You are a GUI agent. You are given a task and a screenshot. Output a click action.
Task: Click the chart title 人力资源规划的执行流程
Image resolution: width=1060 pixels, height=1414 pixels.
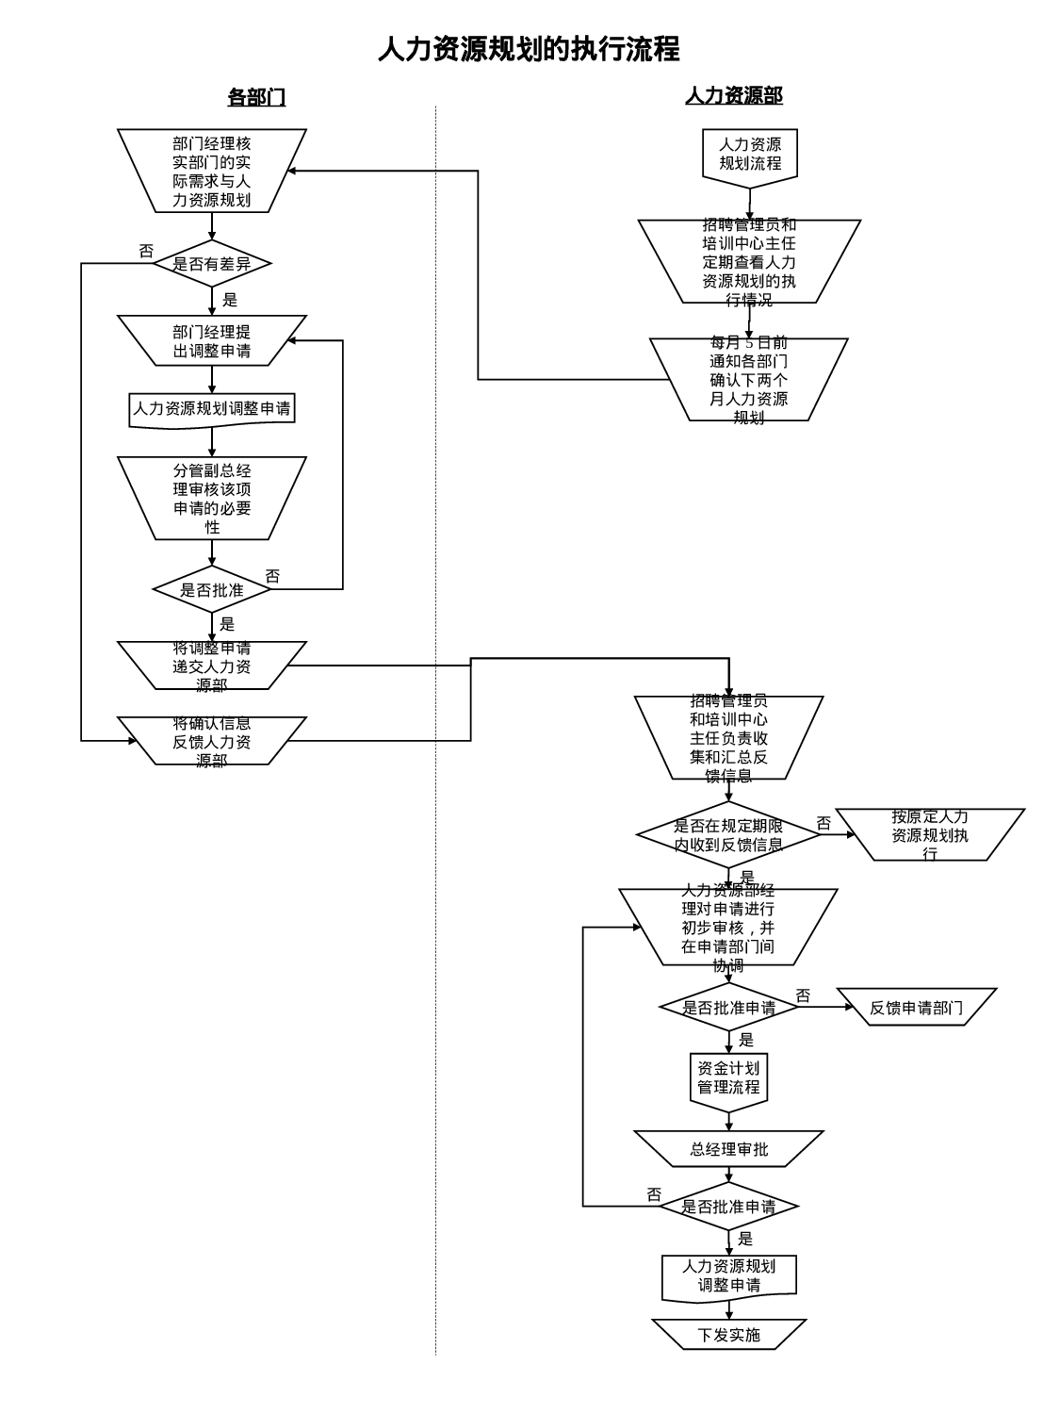[x=529, y=49]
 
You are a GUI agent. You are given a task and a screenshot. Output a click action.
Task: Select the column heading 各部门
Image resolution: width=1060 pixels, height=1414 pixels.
[x=256, y=97]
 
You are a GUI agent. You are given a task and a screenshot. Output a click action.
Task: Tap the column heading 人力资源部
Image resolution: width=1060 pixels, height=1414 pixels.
[x=733, y=95]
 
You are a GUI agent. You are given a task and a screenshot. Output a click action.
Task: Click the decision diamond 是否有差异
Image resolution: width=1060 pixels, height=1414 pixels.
[x=212, y=264]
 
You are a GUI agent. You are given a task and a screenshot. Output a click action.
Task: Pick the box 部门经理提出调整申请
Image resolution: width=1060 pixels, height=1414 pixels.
[x=212, y=341]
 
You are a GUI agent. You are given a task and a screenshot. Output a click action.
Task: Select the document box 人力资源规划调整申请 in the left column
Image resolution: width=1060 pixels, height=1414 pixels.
[x=212, y=409]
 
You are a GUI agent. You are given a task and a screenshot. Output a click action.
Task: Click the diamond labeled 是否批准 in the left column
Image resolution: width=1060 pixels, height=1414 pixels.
[x=212, y=590]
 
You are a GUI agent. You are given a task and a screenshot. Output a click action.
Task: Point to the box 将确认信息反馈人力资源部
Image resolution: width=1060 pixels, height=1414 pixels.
[x=212, y=741]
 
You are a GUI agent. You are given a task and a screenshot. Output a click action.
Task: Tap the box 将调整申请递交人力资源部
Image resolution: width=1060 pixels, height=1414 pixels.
[x=212, y=666]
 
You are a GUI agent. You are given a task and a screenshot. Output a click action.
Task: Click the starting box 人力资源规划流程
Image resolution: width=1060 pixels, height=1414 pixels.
[x=750, y=155]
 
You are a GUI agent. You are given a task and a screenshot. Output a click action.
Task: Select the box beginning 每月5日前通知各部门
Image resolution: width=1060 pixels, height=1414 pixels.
[x=749, y=380]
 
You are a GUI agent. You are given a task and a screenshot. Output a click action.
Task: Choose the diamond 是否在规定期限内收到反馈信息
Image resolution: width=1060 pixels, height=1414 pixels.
[x=728, y=835]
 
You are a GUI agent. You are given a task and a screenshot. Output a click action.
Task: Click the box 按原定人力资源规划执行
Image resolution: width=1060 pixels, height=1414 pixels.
[x=930, y=834]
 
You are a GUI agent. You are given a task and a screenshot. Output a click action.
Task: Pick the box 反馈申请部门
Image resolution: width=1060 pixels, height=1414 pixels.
[x=916, y=1008]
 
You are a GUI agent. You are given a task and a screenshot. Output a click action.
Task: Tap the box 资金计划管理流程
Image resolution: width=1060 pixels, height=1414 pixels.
[x=728, y=1078]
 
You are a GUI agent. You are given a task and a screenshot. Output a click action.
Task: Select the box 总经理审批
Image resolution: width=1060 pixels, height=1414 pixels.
[x=728, y=1149]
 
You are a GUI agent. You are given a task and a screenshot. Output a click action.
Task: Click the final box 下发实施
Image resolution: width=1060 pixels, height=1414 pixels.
[x=728, y=1335]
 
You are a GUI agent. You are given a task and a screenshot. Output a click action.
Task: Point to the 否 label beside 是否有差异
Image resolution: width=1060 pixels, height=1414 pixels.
[x=146, y=252]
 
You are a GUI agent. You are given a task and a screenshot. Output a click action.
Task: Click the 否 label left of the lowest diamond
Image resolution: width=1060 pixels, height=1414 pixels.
[x=654, y=1194]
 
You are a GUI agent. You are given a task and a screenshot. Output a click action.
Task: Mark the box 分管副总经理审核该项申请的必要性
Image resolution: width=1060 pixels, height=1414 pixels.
[x=212, y=499]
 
